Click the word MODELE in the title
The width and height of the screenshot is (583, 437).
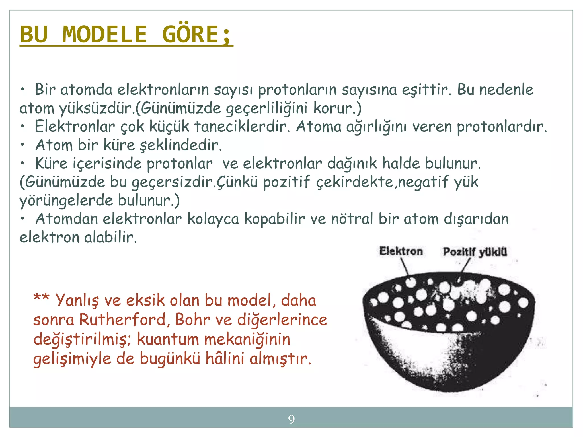point(104,34)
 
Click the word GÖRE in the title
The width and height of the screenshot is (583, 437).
point(190,34)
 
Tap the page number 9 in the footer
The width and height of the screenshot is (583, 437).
point(291,419)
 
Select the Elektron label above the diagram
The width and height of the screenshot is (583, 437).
point(401,251)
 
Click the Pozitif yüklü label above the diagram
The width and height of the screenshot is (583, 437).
point(475,252)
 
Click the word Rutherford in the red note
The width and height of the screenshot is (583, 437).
point(122,320)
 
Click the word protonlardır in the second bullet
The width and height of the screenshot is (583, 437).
point(502,127)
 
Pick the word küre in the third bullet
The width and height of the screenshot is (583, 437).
point(119,145)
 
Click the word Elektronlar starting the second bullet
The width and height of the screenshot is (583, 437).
point(75,127)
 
